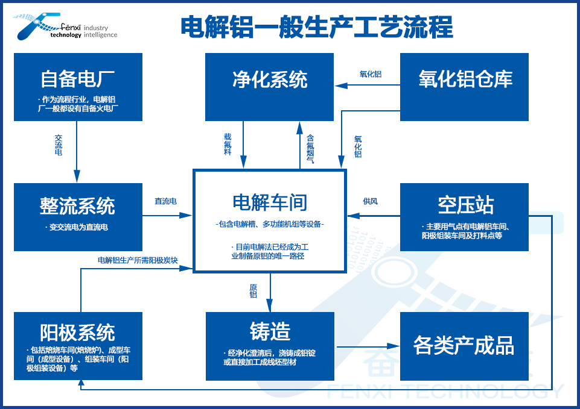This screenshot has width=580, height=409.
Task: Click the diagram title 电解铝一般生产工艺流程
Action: [x=316, y=27]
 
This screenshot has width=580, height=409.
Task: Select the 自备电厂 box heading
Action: [x=78, y=79]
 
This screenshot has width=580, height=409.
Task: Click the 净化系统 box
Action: [x=269, y=87]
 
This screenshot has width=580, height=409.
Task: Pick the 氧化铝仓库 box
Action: [x=464, y=87]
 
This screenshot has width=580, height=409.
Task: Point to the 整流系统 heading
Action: [x=78, y=206]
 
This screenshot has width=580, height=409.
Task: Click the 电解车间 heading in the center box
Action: [x=269, y=201]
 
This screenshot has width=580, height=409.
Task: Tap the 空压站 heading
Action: [x=464, y=205]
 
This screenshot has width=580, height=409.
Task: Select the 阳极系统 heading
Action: [x=78, y=332]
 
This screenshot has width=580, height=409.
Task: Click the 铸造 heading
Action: [x=269, y=331]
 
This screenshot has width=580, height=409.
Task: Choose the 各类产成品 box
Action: [x=464, y=346]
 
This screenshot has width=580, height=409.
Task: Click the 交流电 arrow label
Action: [x=59, y=145]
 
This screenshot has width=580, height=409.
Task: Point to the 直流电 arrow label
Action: [x=165, y=201]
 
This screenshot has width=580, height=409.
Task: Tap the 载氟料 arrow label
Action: [x=228, y=145]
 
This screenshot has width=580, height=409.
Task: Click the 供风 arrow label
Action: [x=370, y=201]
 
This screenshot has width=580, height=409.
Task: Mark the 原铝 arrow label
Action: [x=253, y=290]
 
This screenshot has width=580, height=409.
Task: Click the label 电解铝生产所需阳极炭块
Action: [x=138, y=260]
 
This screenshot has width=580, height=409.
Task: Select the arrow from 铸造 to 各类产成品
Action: [x=368, y=346]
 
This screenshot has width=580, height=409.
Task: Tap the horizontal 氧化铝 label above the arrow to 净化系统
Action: [x=371, y=74]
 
